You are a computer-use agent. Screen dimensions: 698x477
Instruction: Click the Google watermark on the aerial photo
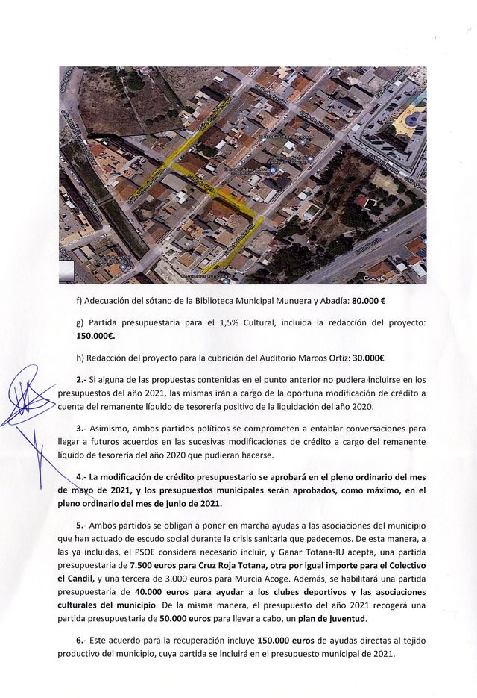click(375, 278)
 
